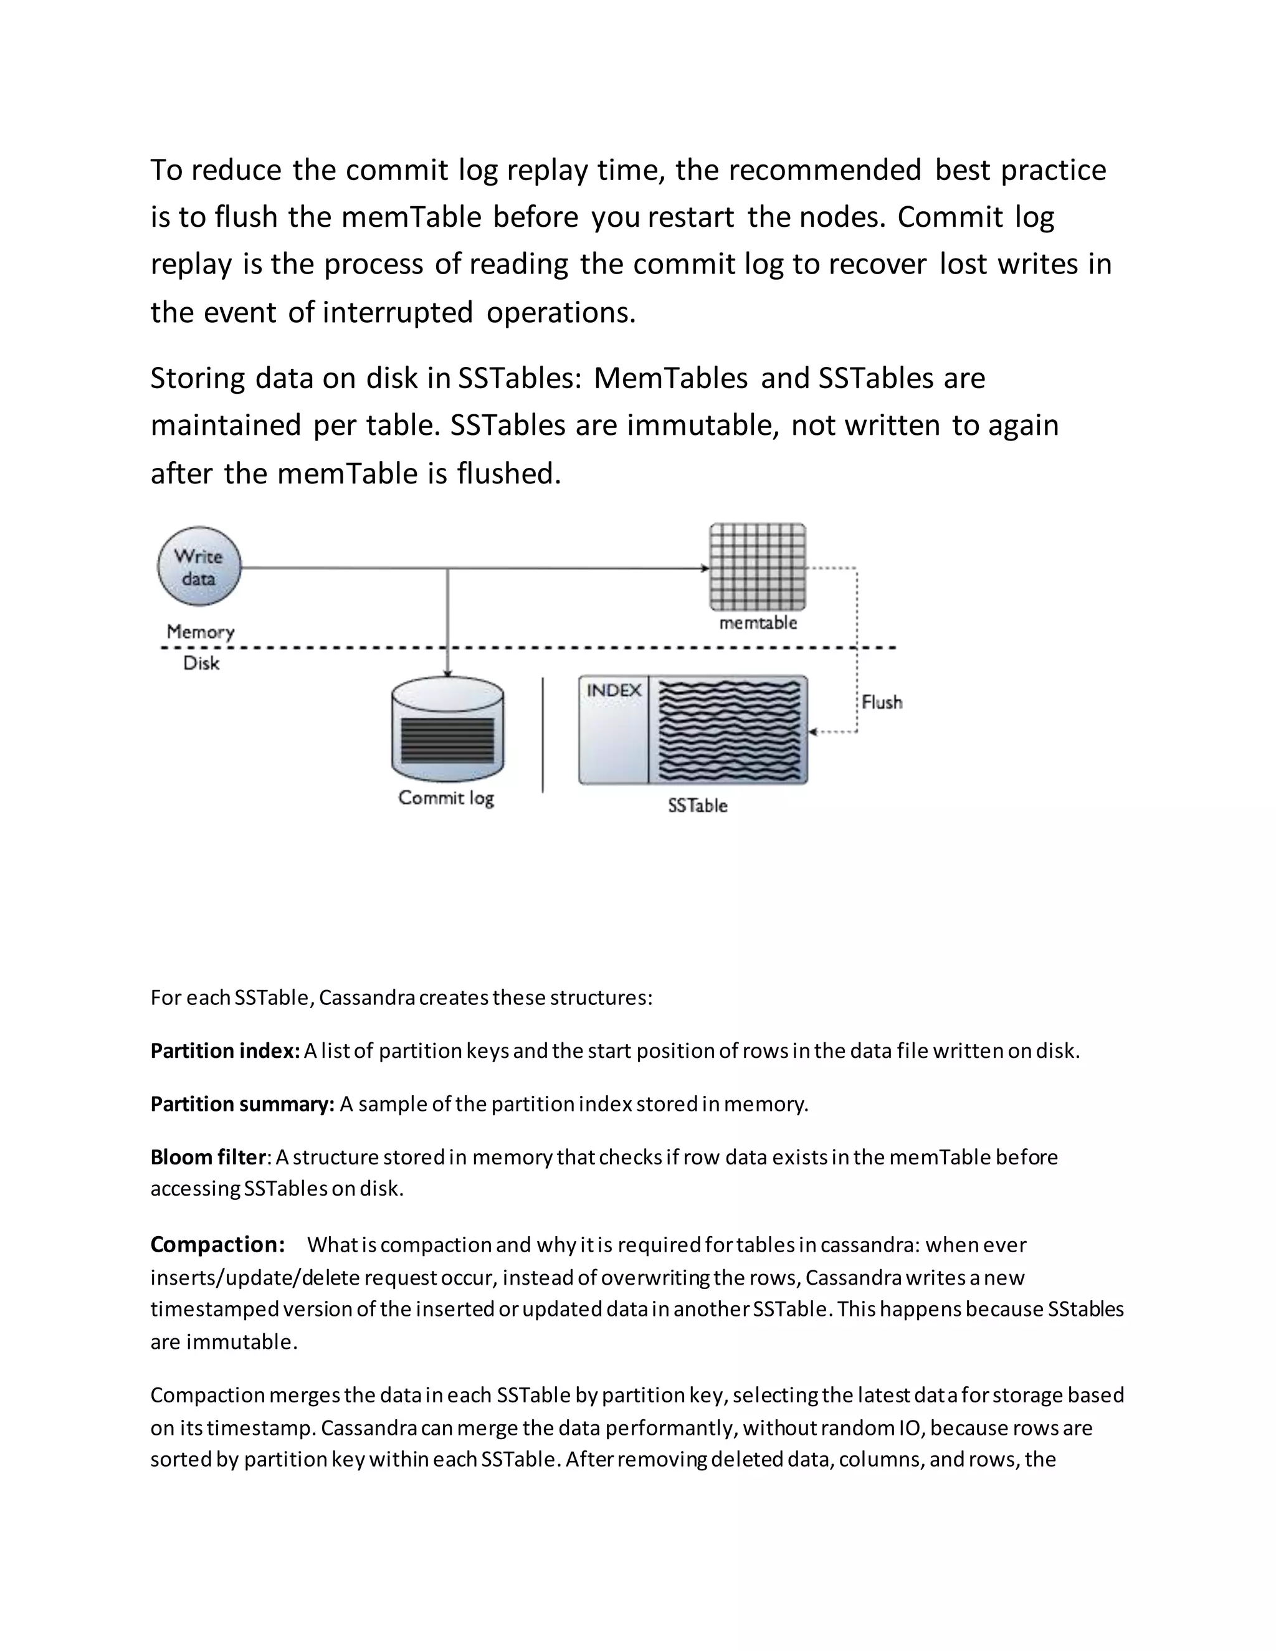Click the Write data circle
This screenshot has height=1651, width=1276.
[199, 566]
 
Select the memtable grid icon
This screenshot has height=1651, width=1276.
[758, 566]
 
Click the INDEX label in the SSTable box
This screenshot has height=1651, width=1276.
[614, 690]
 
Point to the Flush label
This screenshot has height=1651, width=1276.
[882, 702]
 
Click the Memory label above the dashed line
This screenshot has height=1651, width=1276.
[201, 631]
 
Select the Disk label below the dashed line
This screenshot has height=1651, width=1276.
[201, 663]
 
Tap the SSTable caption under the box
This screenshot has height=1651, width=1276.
[697, 806]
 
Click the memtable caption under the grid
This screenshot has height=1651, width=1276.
[758, 623]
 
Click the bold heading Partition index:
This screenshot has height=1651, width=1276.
[226, 1051]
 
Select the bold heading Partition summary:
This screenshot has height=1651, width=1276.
[242, 1104]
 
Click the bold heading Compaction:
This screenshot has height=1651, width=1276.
[217, 1244]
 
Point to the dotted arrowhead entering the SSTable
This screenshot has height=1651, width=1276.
[813, 732]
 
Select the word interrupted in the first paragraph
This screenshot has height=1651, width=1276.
[398, 312]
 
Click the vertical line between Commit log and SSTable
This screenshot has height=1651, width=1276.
[543, 734]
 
